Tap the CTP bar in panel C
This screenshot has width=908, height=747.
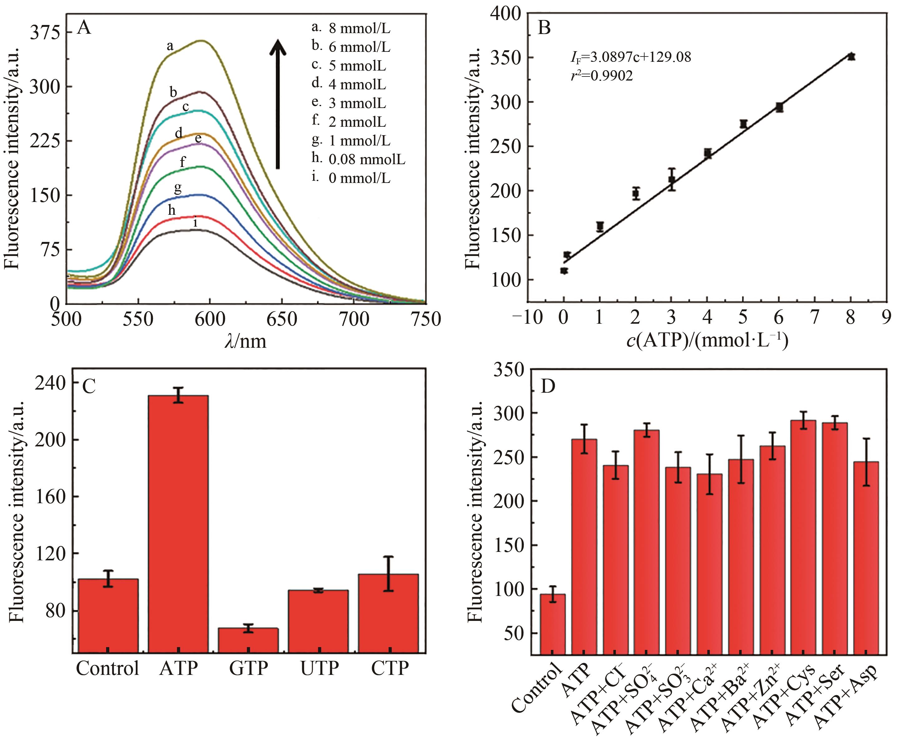click(388, 613)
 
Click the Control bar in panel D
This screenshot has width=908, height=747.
click(552, 624)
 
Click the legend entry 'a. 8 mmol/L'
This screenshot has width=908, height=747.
click(351, 28)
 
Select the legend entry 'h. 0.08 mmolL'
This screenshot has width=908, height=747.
click(358, 159)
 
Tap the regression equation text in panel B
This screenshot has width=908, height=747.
click(631, 57)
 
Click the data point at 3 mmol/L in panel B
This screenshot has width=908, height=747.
click(671, 179)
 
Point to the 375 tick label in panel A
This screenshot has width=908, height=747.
click(45, 33)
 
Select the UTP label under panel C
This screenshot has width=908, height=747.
click(319, 668)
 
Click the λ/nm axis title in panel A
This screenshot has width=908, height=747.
click(245, 341)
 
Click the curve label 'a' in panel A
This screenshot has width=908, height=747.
click(170, 46)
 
